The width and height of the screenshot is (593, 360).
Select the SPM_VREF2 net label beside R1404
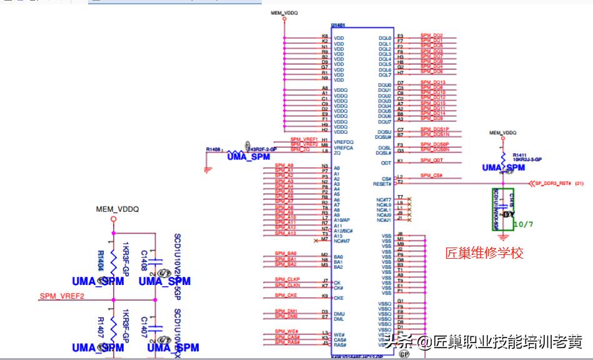[x=62, y=296]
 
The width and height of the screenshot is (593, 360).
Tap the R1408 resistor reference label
[x=214, y=149]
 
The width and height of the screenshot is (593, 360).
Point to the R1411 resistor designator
[x=520, y=154]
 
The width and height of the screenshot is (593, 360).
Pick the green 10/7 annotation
[x=522, y=224]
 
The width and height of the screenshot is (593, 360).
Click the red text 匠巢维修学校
[x=484, y=253]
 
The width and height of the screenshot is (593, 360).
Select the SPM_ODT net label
[x=431, y=160]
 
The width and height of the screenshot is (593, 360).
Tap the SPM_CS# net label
[x=431, y=176]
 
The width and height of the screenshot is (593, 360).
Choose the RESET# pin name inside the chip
[x=382, y=184]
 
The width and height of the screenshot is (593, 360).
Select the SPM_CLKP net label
[x=287, y=279]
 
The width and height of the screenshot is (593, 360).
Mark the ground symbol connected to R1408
[x=208, y=167]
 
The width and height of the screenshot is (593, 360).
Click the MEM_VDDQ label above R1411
[x=503, y=133]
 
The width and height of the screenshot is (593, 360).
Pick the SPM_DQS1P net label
[x=434, y=129]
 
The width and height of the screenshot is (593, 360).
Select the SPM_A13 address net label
[x=285, y=232]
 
